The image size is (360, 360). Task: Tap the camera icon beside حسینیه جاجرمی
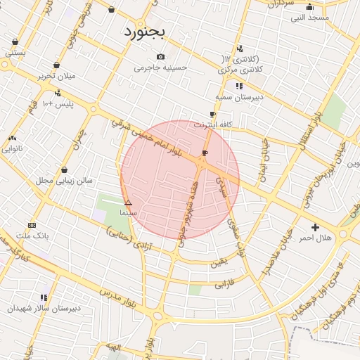(161, 56)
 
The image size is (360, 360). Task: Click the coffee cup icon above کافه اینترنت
(212, 114)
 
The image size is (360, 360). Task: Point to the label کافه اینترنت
(213, 124)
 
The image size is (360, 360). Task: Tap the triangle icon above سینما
(128, 202)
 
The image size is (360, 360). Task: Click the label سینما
(128, 212)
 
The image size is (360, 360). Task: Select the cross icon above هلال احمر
(315, 227)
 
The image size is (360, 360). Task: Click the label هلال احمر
(315, 238)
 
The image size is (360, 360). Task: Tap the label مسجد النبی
(309, 18)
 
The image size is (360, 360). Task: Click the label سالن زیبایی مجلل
(65, 181)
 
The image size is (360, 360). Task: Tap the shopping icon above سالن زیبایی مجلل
(65, 169)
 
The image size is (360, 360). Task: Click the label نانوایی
(12, 148)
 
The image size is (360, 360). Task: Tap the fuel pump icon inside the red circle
(205, 153)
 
